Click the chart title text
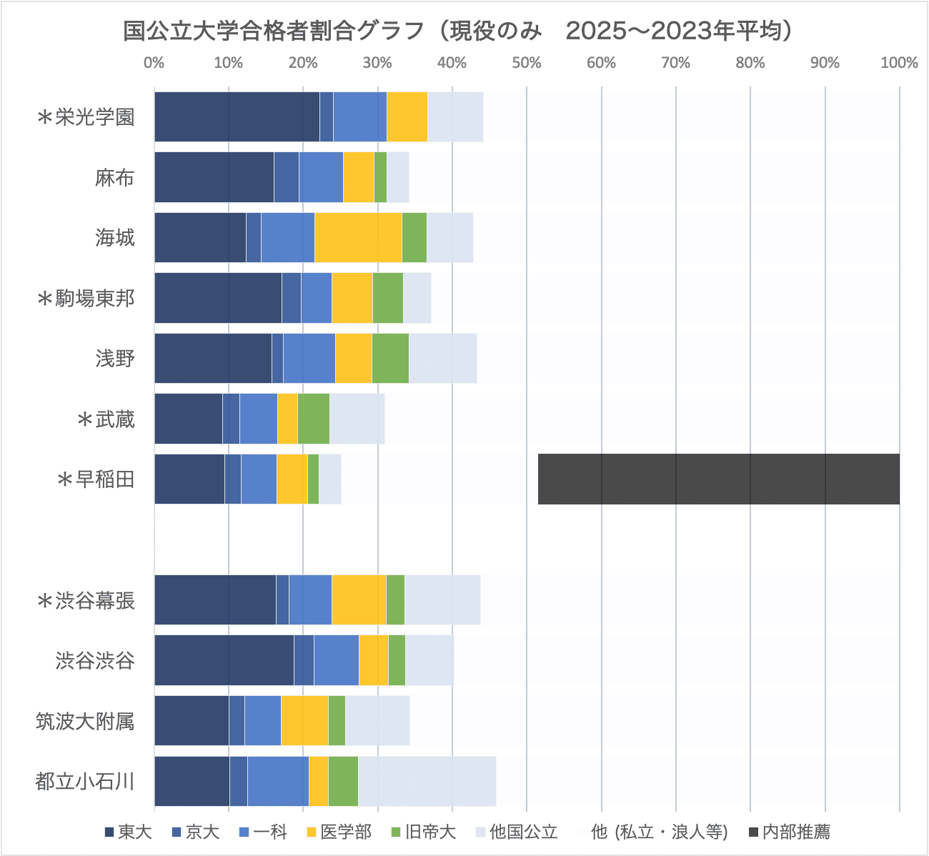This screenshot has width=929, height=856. click(457, 31)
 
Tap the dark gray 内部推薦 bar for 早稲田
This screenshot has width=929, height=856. click(718, 479)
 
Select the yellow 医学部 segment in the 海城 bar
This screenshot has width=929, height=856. click(358, 237)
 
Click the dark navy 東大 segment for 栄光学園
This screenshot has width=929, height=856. click(237, 116)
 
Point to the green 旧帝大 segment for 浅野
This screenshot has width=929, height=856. click(389, 358)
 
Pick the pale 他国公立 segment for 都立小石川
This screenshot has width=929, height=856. click(427, 781)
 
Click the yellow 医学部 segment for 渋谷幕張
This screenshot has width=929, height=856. click(359, 599)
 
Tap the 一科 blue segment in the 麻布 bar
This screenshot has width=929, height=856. click(321, 177)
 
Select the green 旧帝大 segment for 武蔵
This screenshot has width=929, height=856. click(313, 419)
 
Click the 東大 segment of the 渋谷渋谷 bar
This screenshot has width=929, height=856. click(224, 660)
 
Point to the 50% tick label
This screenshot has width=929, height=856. click(527, 63)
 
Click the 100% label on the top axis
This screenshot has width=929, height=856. click(898, 63)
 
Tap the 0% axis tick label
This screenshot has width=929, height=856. click(154, 63)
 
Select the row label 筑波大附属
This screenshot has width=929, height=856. click(85, 721)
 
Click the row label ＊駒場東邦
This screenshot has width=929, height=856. click(86, 298)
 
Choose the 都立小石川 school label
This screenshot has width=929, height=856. click(85, 781)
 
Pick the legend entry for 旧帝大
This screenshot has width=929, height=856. click(422, 832)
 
